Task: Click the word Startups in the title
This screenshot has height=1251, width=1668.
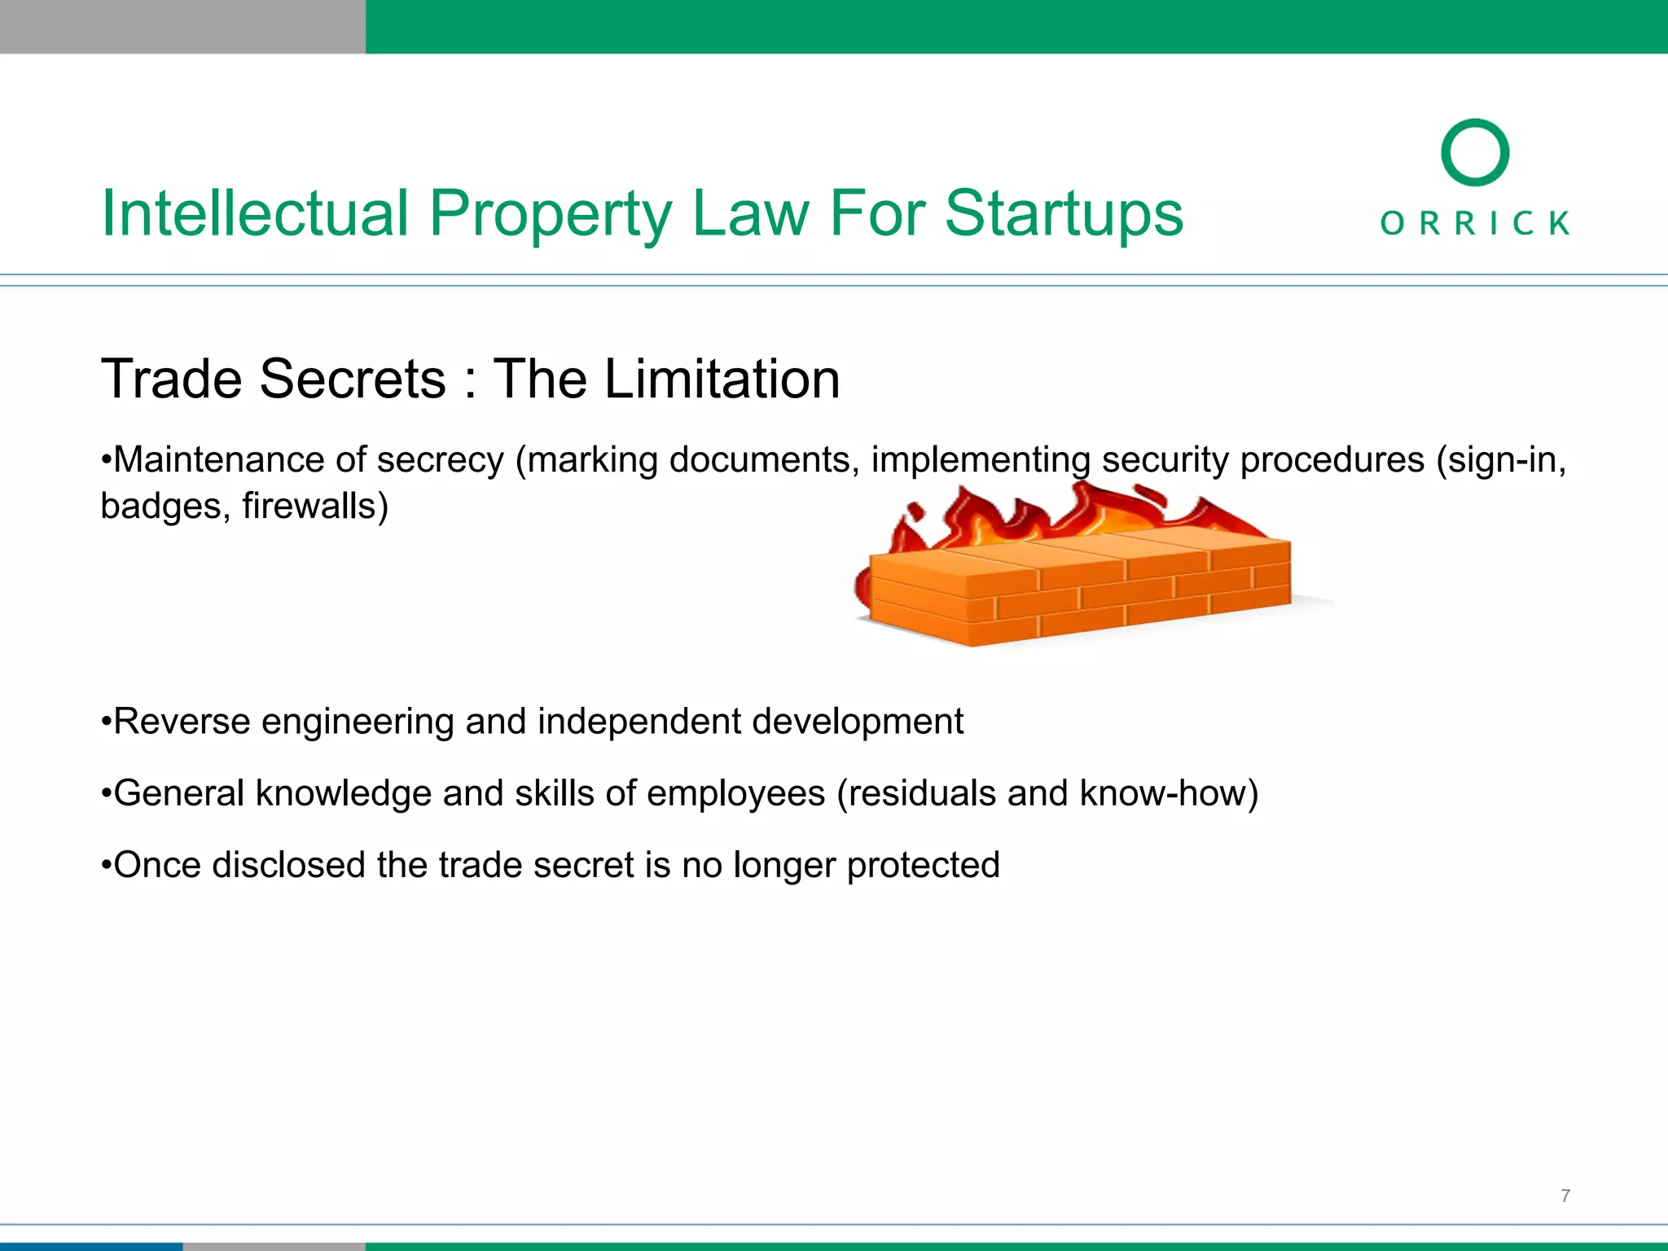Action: pyautogui.click(x=1063, y=213)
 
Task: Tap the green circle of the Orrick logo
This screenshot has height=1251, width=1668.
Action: pyautogui.click(x=1475, y=152)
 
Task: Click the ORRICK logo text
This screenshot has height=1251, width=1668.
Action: pyautogui.click(x=1475, y=222)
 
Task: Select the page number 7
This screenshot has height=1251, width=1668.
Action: pyautogui.click(x=1565, y=1196)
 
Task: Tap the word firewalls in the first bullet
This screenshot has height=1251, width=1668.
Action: pyautogui.click(x=314, y=506)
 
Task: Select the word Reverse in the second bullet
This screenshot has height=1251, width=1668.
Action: pyautogui.click(x=181, y=722)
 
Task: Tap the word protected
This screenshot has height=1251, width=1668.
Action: pyautogui.click(x=923, y=865)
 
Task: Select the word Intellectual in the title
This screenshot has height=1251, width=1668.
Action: pyautogui.click(x=255, y=213)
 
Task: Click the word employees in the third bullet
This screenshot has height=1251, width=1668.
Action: pyautogui.click(x=735, y=793)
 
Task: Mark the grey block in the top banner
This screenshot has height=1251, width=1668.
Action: pyautogui.click(x=182, y=26)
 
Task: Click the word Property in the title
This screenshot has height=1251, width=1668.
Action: pyautogui.click(x=551, y=213)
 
